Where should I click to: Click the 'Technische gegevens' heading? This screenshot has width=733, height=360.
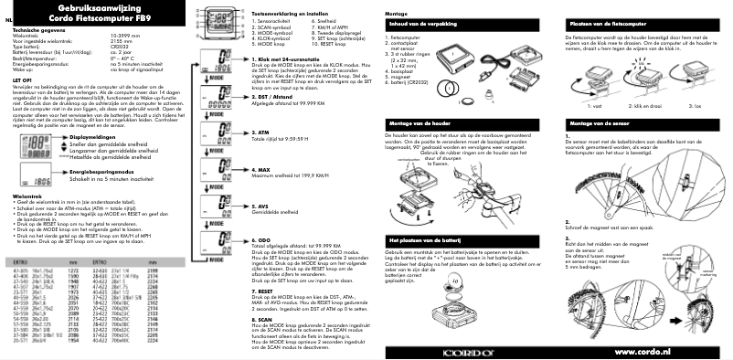tap(38, 28)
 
